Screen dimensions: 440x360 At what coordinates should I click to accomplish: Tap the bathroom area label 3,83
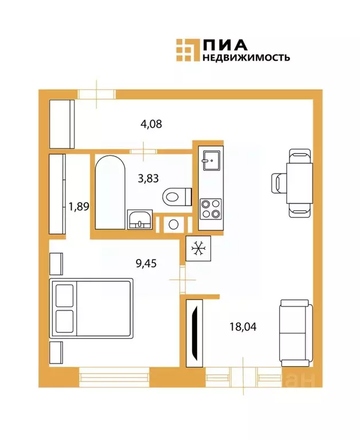coord(148,178)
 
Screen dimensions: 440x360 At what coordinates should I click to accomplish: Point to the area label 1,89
coord(79,206)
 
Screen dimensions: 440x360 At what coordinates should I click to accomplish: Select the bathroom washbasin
coord(140,219)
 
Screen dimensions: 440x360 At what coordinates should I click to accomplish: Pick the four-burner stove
coord(210,209)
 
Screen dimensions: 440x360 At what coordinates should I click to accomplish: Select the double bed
coord(92,308)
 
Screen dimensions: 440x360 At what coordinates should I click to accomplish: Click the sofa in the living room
coord(295,332)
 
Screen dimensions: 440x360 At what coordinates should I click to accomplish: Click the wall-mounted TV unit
coord(195,331)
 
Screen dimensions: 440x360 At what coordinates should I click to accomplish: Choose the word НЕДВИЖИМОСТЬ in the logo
coord(245,57)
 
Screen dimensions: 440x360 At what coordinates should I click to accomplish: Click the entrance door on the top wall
coord(96,93)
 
